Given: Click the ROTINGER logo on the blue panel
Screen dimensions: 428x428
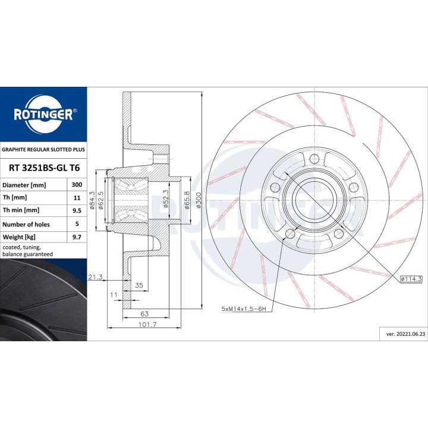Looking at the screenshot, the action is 43,115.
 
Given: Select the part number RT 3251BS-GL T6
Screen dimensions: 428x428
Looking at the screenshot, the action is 44,168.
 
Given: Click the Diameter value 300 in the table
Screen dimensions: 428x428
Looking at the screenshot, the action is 77,184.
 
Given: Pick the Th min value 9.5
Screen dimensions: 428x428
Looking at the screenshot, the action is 77,210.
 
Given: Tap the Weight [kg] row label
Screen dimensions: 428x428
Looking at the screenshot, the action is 19,237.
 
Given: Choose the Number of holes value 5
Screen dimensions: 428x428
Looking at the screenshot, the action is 77,224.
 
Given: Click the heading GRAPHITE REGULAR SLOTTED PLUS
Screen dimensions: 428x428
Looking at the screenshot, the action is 43,150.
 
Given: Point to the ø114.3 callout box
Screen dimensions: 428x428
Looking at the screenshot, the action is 411,279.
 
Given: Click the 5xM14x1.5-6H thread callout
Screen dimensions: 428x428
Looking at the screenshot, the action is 244,309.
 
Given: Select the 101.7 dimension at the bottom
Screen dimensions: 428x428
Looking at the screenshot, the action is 147,325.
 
